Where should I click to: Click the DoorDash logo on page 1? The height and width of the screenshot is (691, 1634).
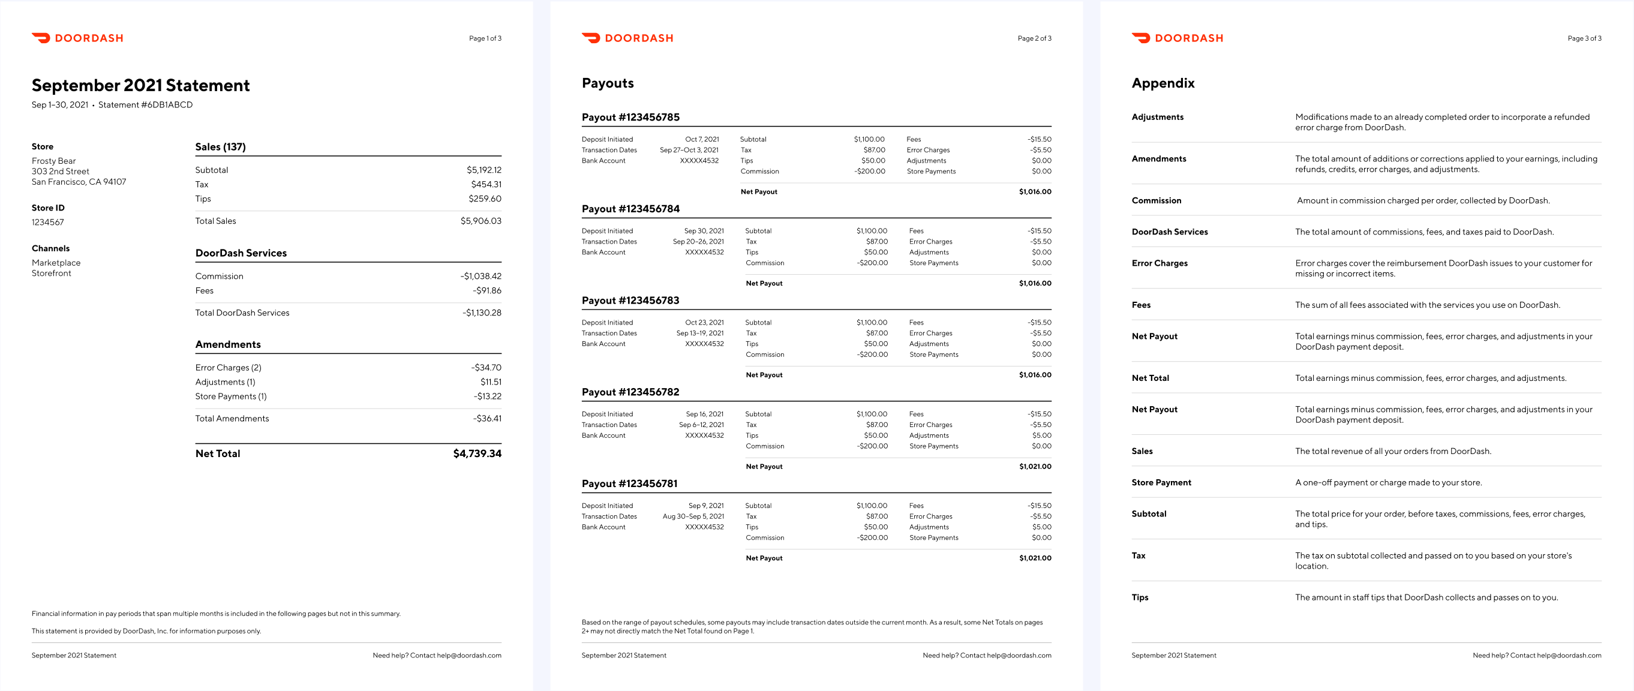[77, 38]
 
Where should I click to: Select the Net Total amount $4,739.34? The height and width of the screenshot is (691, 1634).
[477, 453]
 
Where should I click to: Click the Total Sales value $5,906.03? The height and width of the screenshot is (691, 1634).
[481, 221]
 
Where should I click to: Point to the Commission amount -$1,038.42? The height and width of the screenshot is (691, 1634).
[481, 276]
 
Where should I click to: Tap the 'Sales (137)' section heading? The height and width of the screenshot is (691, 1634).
[220, 146]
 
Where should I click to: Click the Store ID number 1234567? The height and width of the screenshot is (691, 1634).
[47, 222]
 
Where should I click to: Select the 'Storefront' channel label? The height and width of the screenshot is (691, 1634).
[52, 274]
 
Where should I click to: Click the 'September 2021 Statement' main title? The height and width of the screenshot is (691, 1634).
[141, 85]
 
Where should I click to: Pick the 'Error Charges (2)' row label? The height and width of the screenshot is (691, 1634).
[229, 367]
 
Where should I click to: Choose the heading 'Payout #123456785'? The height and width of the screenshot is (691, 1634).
[630, 118]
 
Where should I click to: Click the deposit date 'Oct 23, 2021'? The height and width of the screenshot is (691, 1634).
[704, 322]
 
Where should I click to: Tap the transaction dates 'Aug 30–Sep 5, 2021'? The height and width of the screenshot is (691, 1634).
[693, 516]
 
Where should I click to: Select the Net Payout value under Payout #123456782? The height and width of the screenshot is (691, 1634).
[1035, 467]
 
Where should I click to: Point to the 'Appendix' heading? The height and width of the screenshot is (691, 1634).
[1163, 83]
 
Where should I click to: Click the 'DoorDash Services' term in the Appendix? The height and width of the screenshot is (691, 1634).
[1170, 232]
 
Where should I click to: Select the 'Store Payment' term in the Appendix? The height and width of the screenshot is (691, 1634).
[1161, 483]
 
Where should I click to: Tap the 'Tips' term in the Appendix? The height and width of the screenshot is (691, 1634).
[1140, 597]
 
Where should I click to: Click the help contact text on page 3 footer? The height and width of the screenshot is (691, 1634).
[1536, 656]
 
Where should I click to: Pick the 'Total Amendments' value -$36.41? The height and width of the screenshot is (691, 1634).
[486, 419]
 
